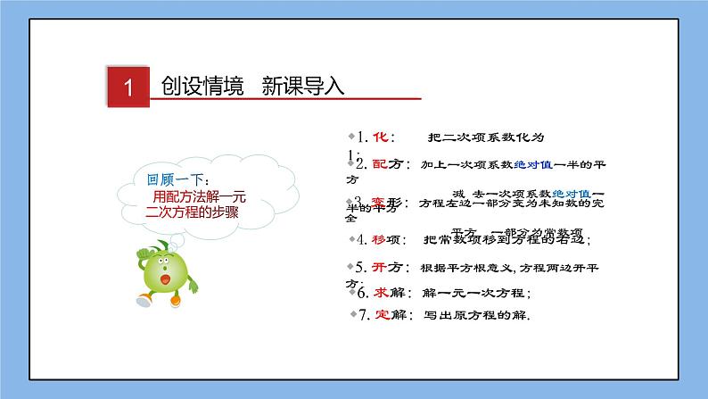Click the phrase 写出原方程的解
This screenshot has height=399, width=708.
click(x=477, y=315)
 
